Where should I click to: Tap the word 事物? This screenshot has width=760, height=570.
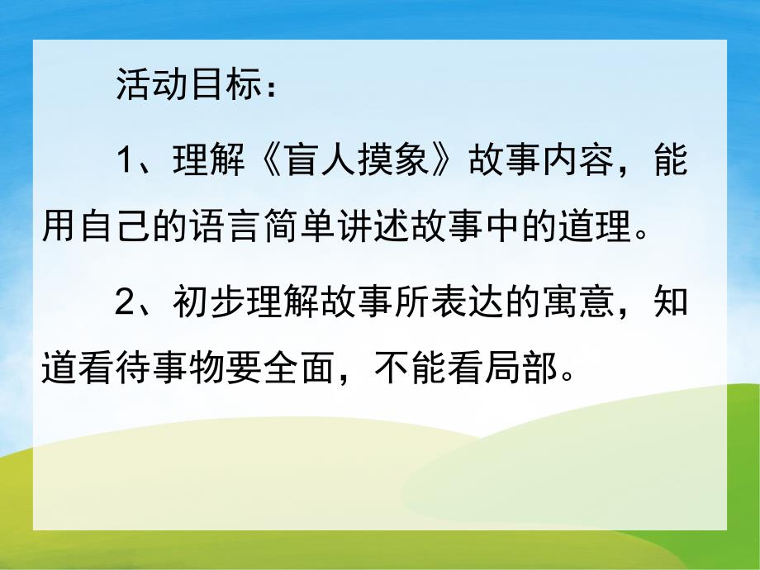pos(170,371)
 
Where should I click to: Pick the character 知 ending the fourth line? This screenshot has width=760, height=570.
pos(672,301)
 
